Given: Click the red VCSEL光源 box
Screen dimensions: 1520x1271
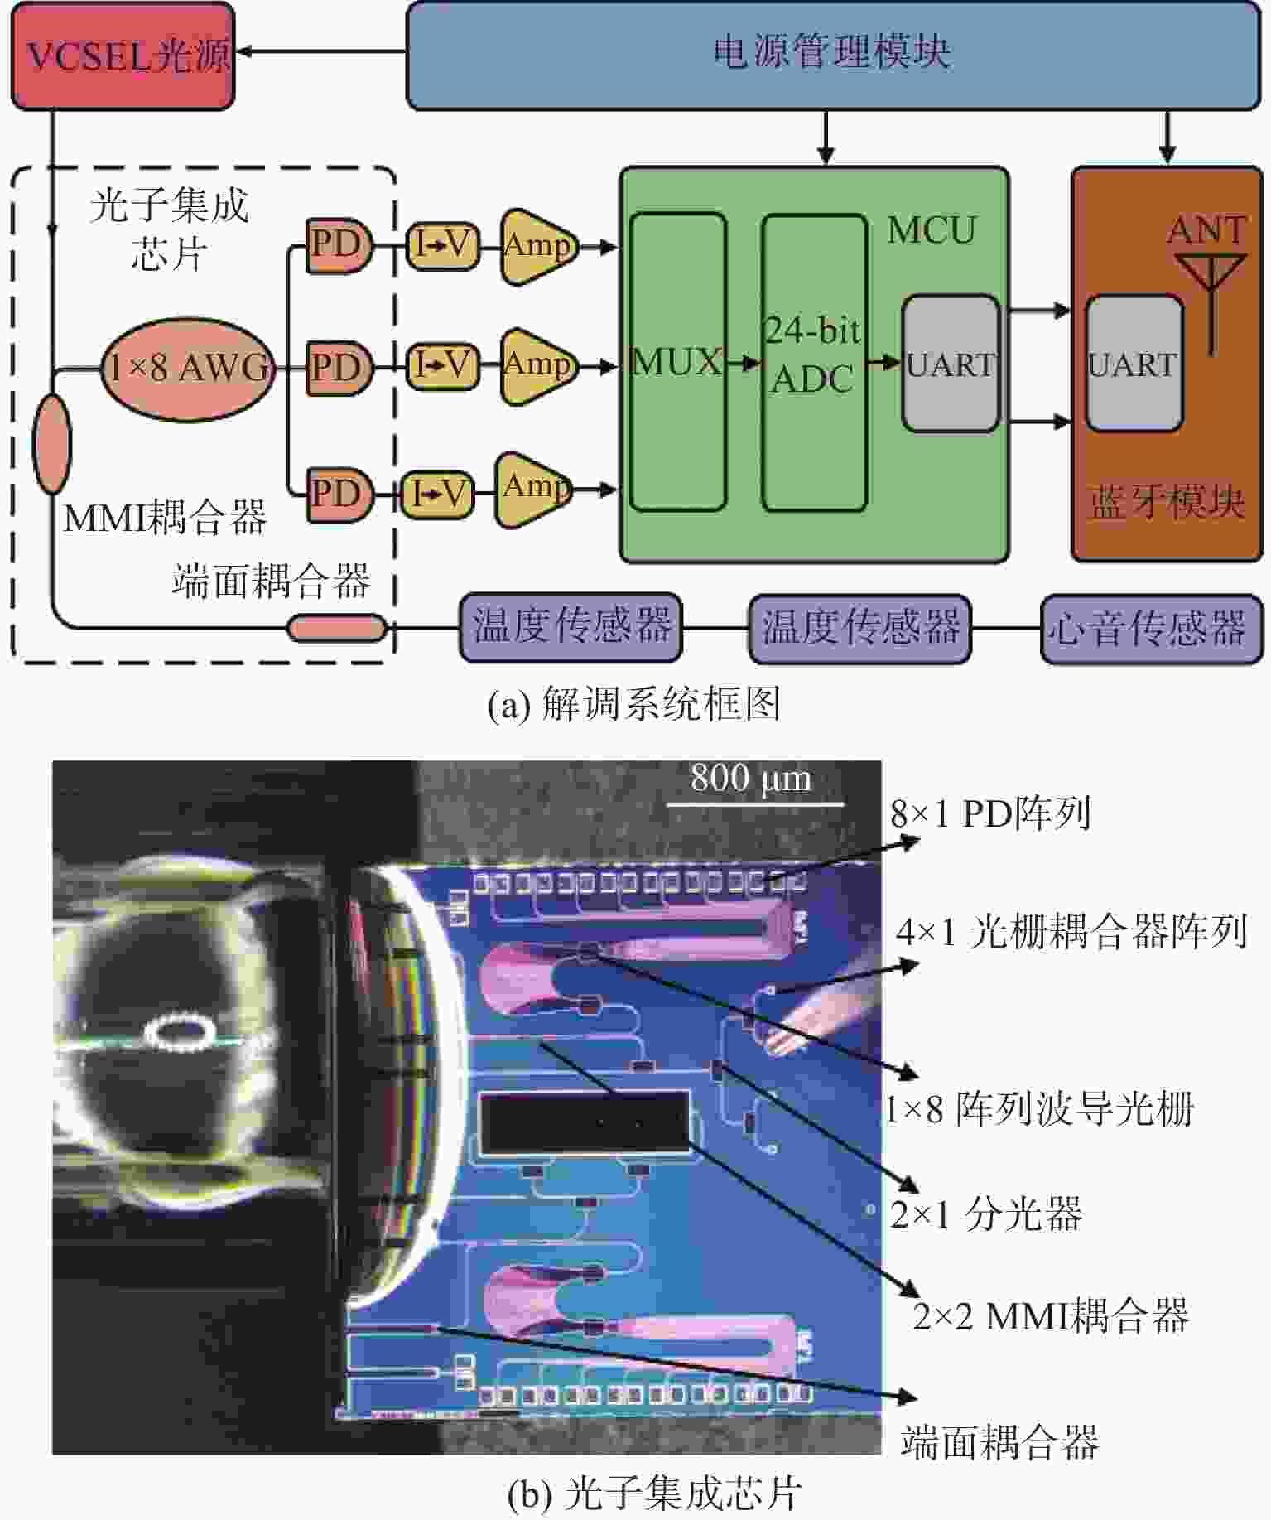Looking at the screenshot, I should click(x=123, y=55).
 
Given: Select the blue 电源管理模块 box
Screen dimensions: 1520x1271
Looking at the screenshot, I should click(x=832, y=55).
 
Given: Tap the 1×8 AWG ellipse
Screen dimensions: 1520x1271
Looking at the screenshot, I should click(x=189, y=369).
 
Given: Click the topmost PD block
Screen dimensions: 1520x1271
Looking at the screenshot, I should click(x=338, y=245).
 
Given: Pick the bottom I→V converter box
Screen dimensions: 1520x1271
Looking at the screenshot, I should click(x=437, y=495).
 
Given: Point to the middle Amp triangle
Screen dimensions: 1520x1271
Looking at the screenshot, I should click(x=537, y=365).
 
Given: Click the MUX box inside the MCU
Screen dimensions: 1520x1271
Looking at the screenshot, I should click(x=677, y=363).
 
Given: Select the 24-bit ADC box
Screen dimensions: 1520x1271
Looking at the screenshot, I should click(x=813, y=363).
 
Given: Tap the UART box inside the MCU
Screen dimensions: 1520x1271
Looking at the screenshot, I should click(x=950, y=364).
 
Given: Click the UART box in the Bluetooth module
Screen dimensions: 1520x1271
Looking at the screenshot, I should click(x=1133, y=364).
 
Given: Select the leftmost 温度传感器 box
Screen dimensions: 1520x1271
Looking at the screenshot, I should click(x=571, y=628).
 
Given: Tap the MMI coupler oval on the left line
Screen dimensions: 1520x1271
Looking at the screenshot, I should click(x=52, y=444).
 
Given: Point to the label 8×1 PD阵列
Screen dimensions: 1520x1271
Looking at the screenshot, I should click(x=990, y=814).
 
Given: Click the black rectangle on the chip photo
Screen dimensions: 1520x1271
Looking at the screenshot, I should click(x=585, y=1122).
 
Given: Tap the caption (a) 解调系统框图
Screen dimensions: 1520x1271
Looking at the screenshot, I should click(x=633, y=705).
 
